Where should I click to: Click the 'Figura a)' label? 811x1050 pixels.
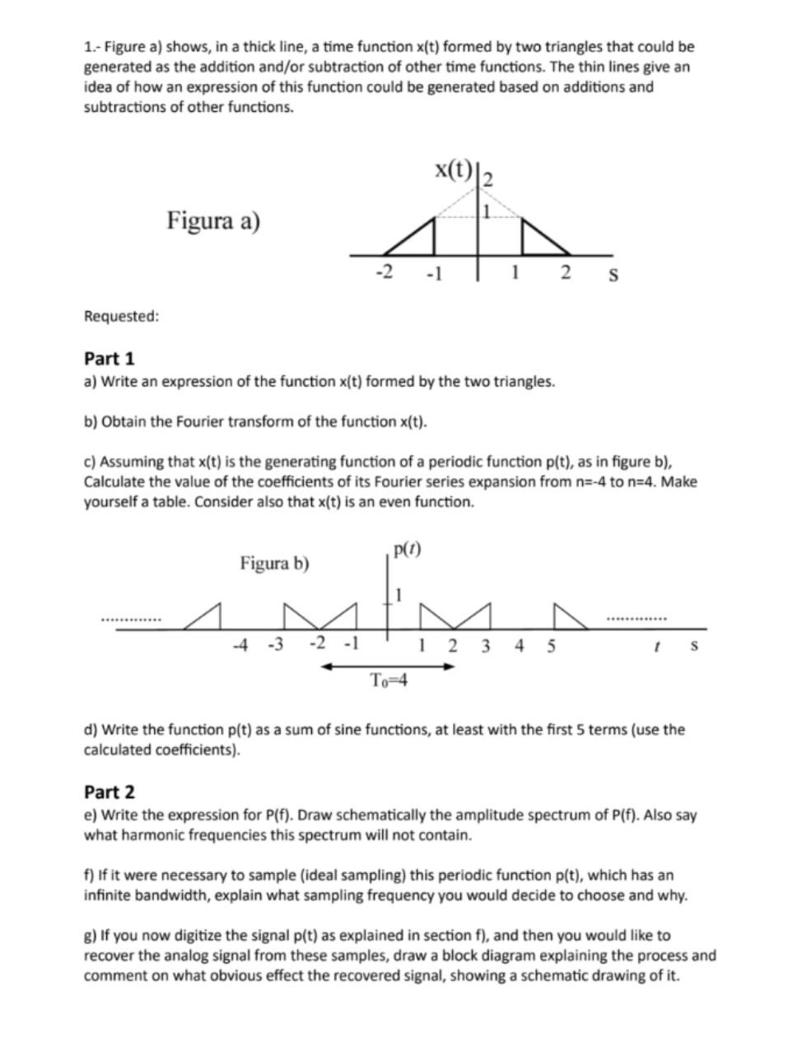[x=213, y=221]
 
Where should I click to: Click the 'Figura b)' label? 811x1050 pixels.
[x=274, y=564]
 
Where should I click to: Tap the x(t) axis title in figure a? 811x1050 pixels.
[x=454, y=170]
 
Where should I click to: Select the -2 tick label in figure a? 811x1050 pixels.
[x=384, y=272]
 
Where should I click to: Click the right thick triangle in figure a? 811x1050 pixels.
[x=539, y=240]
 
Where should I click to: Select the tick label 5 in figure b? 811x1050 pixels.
[x=551, y=645]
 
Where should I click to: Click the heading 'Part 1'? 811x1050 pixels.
[x=109, y=359]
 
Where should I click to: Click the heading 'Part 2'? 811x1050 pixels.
[x=109, y=792]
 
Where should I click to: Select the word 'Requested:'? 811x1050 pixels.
[x=121, y=317]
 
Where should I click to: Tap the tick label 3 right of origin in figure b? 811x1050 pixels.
[x=485, y=645]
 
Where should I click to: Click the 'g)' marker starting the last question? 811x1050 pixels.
[x=90, y=936]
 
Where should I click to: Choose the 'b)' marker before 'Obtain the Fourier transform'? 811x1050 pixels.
[x=90, y=422]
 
